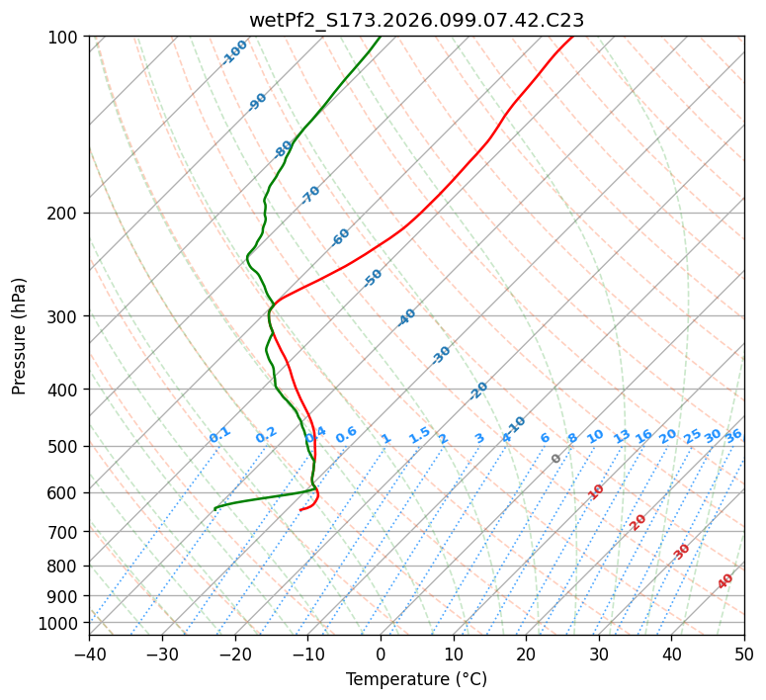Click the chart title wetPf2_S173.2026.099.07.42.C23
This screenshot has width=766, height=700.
tap(416, 20)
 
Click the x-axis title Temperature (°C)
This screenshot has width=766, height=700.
tap(416, 680)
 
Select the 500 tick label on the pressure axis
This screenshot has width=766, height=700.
tap(67, 446)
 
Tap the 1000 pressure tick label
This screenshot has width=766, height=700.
tap(63, 623)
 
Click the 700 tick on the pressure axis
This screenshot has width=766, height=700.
tap(67, 532)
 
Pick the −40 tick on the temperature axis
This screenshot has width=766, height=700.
tap(89, 655)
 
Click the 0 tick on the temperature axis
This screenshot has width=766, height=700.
tap(381, 655)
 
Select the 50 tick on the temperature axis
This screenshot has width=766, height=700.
tap(744, 655)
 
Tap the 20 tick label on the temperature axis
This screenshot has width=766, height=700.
tap(526, 655)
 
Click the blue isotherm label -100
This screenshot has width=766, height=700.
tap(234, 52)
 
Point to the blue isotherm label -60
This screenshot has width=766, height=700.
tap(341, 237)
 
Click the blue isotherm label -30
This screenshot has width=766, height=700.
tap(442, 355)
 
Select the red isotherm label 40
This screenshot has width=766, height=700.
tap(725, 581)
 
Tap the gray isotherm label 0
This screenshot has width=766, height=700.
tap(556, 459)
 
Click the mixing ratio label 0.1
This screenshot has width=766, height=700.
tap(219, 434)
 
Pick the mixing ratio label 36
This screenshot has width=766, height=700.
tap(733, 435)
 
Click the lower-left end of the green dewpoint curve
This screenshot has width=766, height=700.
tap(215, 508)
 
